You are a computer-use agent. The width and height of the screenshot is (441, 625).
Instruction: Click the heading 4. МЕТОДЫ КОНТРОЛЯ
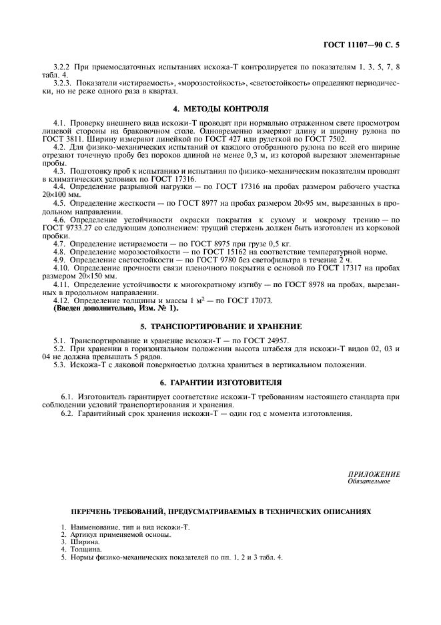[220, 107]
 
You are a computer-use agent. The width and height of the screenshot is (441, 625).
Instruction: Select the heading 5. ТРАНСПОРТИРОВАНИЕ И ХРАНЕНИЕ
[220, 327]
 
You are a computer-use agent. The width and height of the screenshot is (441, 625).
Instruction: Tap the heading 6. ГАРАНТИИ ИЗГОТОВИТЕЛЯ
[220, 383]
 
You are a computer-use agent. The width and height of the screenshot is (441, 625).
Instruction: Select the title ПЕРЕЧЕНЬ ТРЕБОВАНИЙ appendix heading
[221, 511]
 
